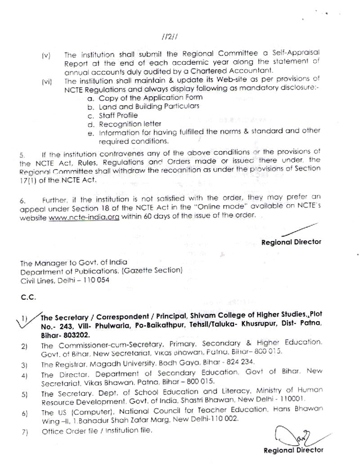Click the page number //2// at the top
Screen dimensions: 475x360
pyautogui.click(x=169, y=38)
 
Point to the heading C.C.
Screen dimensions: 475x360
pyautogui.click(x=27, y=297)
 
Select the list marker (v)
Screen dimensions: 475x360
pyautogui.click(x=46, y=55)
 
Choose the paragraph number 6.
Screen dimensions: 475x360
pyautogui.click(x=22, y=199)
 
